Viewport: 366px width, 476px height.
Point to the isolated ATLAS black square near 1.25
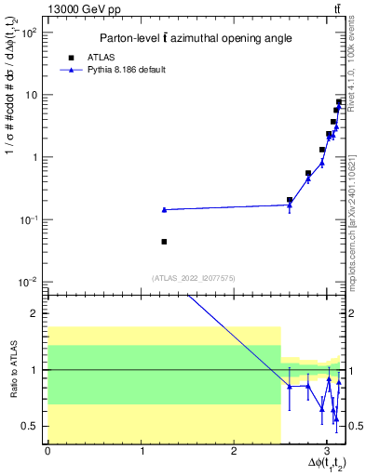[164, 242]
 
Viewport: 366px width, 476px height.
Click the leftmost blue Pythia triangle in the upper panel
[164, 210]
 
